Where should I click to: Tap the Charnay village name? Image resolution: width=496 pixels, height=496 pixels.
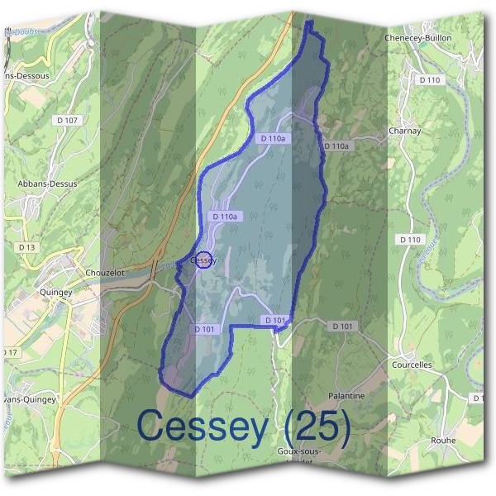[x=405, y=131]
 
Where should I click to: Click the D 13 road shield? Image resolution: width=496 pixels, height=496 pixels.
[x=26, y=246]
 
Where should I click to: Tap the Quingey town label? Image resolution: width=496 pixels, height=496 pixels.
[x=55, y=291]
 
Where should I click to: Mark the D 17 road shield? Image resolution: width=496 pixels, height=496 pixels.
[x=8, y=353]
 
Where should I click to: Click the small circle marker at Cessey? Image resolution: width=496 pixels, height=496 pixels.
[x=204, y=260]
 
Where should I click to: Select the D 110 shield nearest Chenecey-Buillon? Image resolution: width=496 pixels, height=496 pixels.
[x=429, y=79]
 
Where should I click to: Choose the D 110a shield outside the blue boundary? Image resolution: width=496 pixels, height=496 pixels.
[x=336, y=146]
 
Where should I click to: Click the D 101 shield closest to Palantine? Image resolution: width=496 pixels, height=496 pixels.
[x=342, y=327]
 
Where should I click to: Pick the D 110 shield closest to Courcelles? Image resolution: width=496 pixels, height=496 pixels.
[x=410, y=240]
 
